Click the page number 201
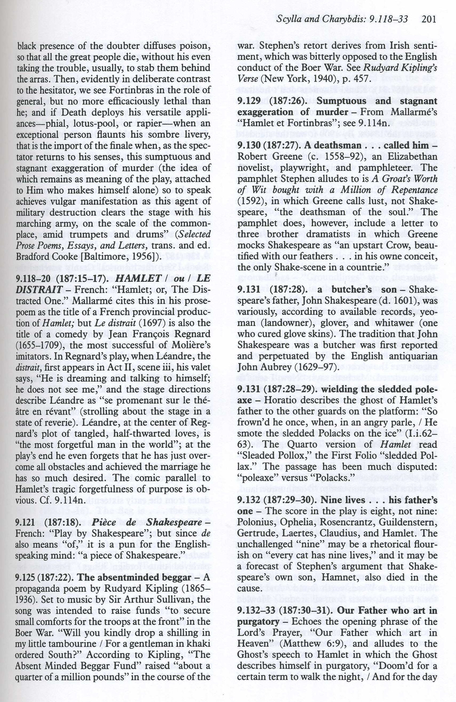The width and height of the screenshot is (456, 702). coord(429,19)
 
